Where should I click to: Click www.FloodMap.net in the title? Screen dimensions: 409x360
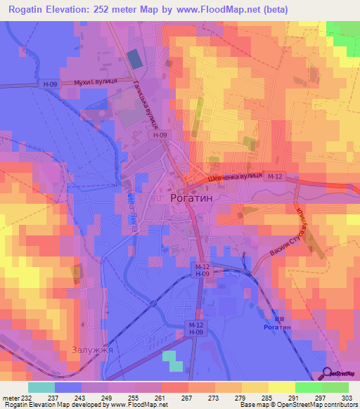(x=229, y=11)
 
